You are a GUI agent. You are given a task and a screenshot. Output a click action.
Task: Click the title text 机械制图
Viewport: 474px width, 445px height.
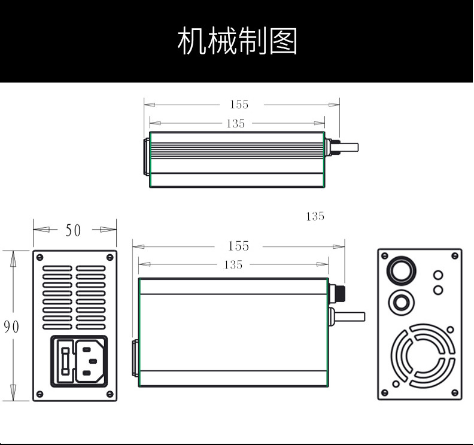pos(238,41)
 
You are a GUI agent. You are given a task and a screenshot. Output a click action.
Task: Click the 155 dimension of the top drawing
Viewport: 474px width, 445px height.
pos(239,105)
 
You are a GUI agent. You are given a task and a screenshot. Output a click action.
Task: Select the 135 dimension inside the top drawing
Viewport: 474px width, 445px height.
pos(236,124)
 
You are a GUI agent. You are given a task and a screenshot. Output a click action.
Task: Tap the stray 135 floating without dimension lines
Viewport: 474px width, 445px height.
pos(315,217)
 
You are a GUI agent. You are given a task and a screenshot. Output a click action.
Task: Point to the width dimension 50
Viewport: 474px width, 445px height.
pos(73,230)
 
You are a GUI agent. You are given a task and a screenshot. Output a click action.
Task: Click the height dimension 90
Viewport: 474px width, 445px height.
pos(11,327)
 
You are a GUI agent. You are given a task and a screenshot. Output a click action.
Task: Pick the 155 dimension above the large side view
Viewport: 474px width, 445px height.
pos(238,246)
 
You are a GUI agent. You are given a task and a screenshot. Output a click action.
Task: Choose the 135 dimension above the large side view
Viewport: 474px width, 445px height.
pos(233,265)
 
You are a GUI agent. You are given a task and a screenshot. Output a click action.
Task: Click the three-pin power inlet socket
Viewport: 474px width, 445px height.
pos(89,361)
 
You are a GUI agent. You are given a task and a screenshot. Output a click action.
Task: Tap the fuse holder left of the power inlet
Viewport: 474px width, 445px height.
pos(65,361)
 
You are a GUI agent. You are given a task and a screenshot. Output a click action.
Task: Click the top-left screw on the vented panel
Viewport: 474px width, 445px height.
pos(39,257)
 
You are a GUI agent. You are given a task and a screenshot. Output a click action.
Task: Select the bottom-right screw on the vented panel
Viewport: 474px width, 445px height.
pos(110,394)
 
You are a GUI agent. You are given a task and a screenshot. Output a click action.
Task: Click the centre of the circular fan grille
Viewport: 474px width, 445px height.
pos(419,355)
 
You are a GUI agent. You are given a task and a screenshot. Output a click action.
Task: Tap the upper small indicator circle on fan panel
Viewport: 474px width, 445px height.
pos(437,275)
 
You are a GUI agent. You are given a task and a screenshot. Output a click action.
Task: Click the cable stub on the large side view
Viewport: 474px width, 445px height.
pos(350,316)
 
